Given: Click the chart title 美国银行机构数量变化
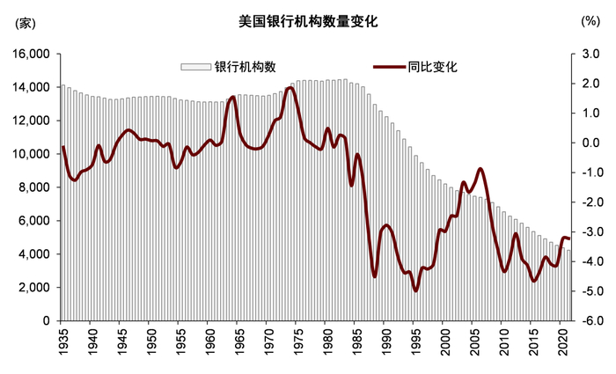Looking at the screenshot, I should (x=308, y=22).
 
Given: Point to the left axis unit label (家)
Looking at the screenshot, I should (x=22, y=22).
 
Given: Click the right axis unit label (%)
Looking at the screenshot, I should (x=590, y=22).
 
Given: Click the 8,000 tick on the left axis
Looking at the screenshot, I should (x=33, y=187).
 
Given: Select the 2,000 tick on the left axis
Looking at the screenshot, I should (x=33, y=288).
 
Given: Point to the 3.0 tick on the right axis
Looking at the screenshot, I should (x=590, y=55).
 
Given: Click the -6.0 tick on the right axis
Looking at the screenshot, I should (x=589, y=321).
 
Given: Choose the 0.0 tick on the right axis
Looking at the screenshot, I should (x=590, y=143).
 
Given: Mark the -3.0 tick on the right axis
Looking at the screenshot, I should (x=589, y=232).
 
